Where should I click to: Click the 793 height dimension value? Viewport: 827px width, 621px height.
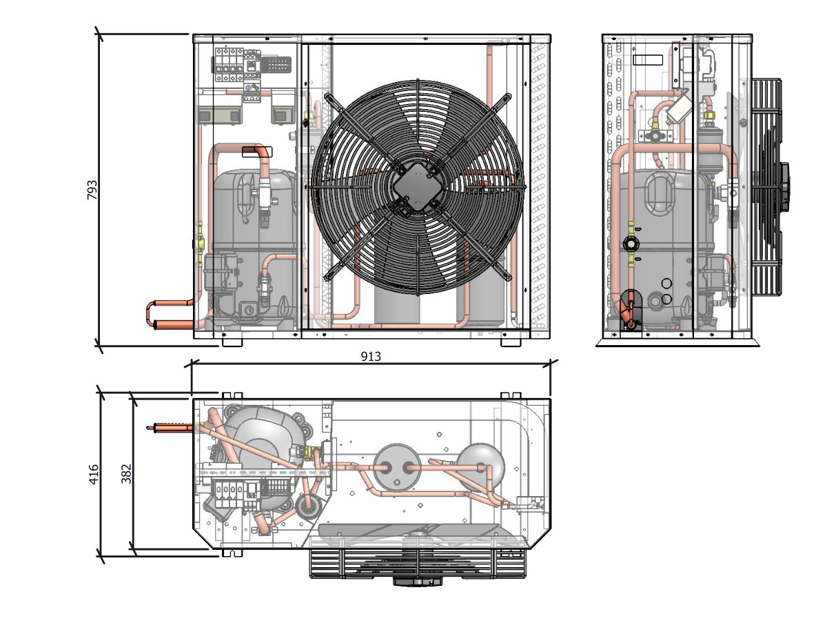pyautogui.click(x=92, y=190)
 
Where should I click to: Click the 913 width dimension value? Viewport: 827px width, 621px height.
pyautogui.click(x=371, y=356)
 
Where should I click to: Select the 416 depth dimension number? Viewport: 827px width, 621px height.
pyautogui.click(x=94, y=474)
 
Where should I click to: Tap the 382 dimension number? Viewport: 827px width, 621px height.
pyautogui.click(x=126, y=474)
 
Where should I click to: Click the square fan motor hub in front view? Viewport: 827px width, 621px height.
pyautogui.click(x=418, y=186)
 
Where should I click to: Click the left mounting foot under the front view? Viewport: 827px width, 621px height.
pyautogui.click(x=232, y=342)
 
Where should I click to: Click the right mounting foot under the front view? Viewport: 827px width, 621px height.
pyautogui.click(x=511, y=342)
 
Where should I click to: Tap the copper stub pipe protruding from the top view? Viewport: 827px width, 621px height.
pyautogui.click(x=170, y=428)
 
